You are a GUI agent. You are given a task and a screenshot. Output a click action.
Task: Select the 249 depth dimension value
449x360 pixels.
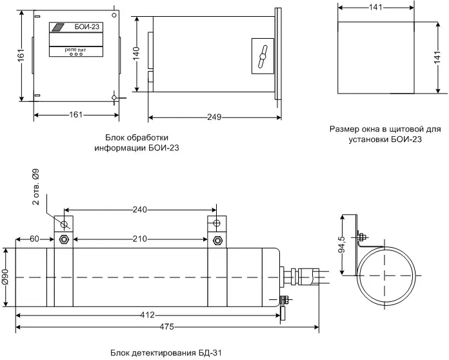click(214, 117)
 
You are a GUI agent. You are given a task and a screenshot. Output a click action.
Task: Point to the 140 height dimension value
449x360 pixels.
click(137, 54)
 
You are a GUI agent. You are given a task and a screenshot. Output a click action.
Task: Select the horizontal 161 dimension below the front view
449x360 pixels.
click(75, 115)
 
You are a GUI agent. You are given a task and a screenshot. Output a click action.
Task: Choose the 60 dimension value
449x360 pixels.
click(35, 239)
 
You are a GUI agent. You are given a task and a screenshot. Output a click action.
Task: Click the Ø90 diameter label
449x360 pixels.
click(5, 277)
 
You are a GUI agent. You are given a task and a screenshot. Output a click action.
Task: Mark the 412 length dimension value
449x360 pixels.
click(147, 315)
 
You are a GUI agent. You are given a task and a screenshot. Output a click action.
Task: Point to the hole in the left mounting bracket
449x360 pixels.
click(65, 224)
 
